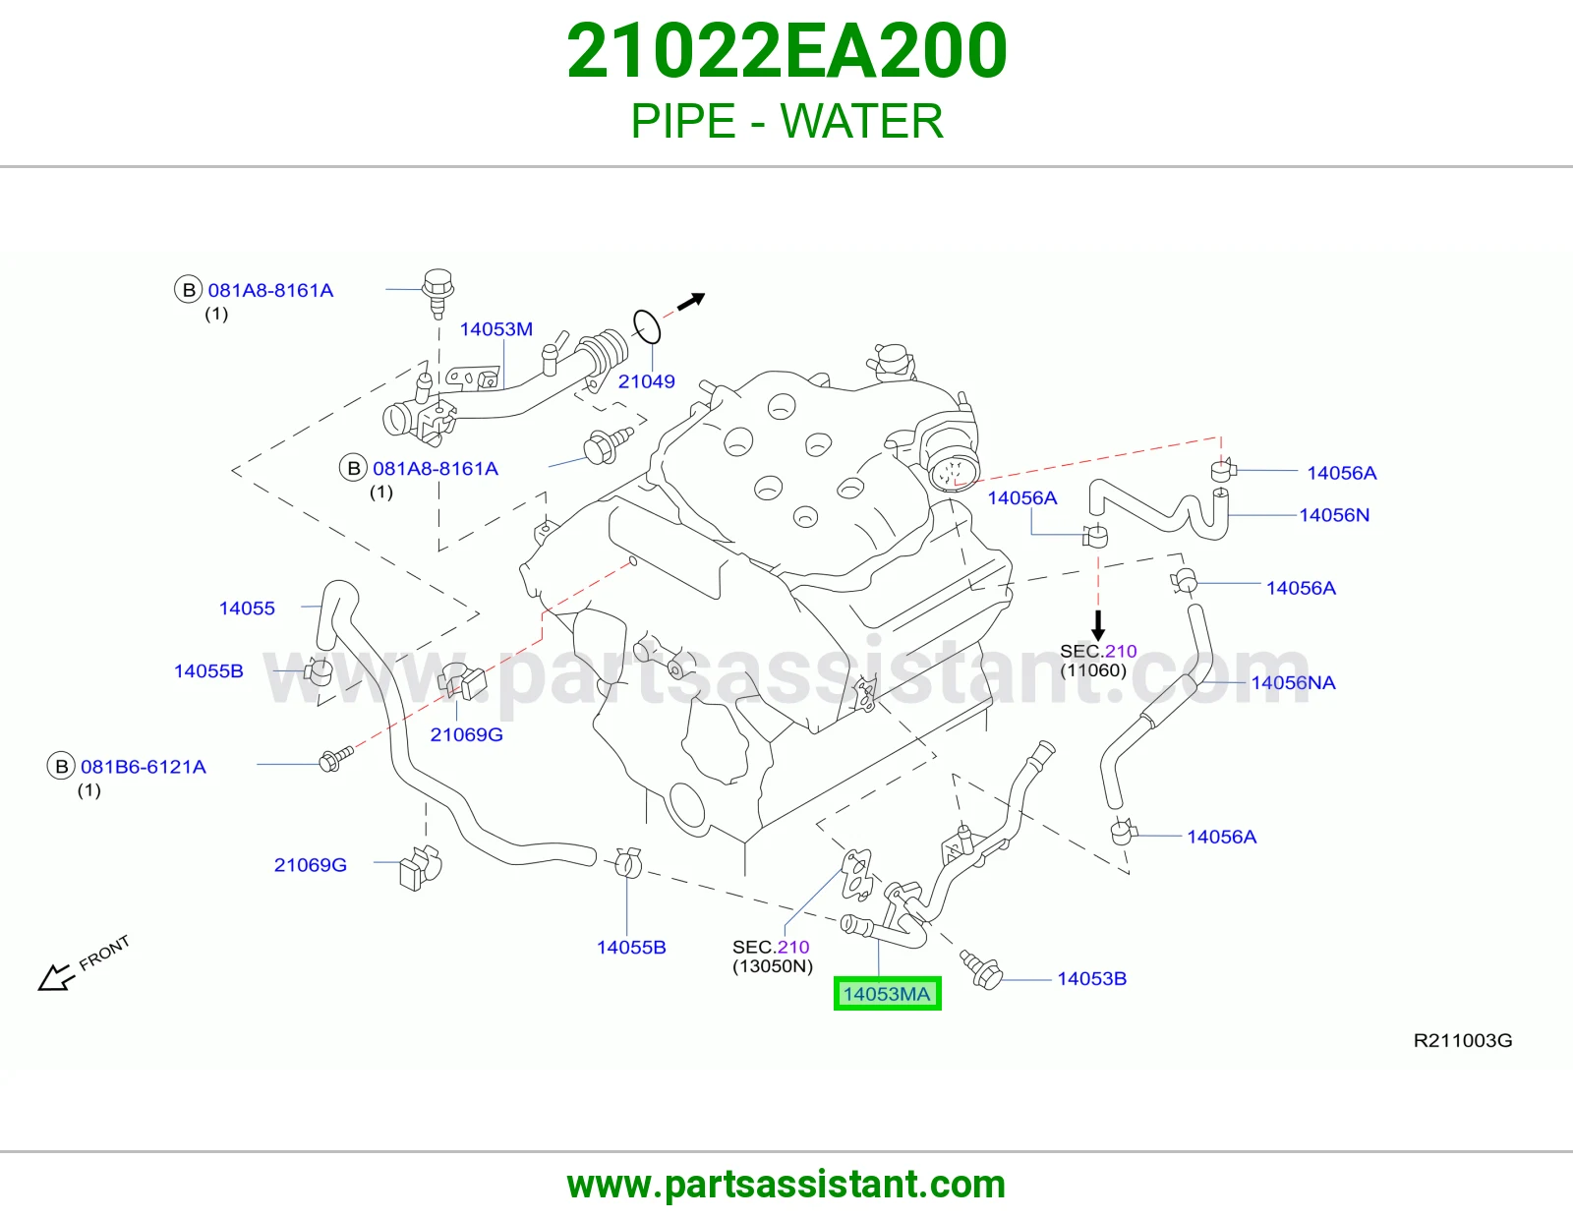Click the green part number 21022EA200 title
(786, 51)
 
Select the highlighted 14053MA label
(887, 994)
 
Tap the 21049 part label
(647, 381)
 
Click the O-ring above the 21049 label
(647, 327)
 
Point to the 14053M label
(496, 329)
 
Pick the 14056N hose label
(1334, 515)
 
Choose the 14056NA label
(1294, 682)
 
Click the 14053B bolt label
(1091, 979)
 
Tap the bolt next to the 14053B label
(981, 970)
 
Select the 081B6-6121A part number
(144, 767)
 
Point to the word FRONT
(104, 953)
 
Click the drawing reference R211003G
(1463, 1040)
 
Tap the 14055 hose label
(247, 609)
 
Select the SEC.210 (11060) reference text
(1098, 661)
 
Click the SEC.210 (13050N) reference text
(773, 957)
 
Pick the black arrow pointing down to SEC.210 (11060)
(1098, 625)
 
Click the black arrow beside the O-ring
(690, 301)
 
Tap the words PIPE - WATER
(786, 121)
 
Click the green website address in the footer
(786, 1185)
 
